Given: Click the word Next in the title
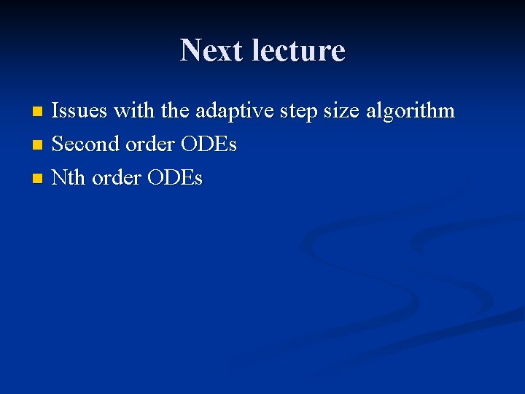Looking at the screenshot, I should coord(211,50).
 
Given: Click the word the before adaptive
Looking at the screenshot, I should coord(175,112).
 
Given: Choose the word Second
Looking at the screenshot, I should coord(86,144).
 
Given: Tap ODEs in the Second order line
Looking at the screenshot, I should coord(209,144).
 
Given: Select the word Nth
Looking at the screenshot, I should coord(69,177).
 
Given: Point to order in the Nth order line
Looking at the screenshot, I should coord(117,177).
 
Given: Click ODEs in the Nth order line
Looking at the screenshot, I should coord(175,177).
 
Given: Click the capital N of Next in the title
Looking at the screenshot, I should coord(192,50).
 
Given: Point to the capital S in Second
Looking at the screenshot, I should coord(58,144).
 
